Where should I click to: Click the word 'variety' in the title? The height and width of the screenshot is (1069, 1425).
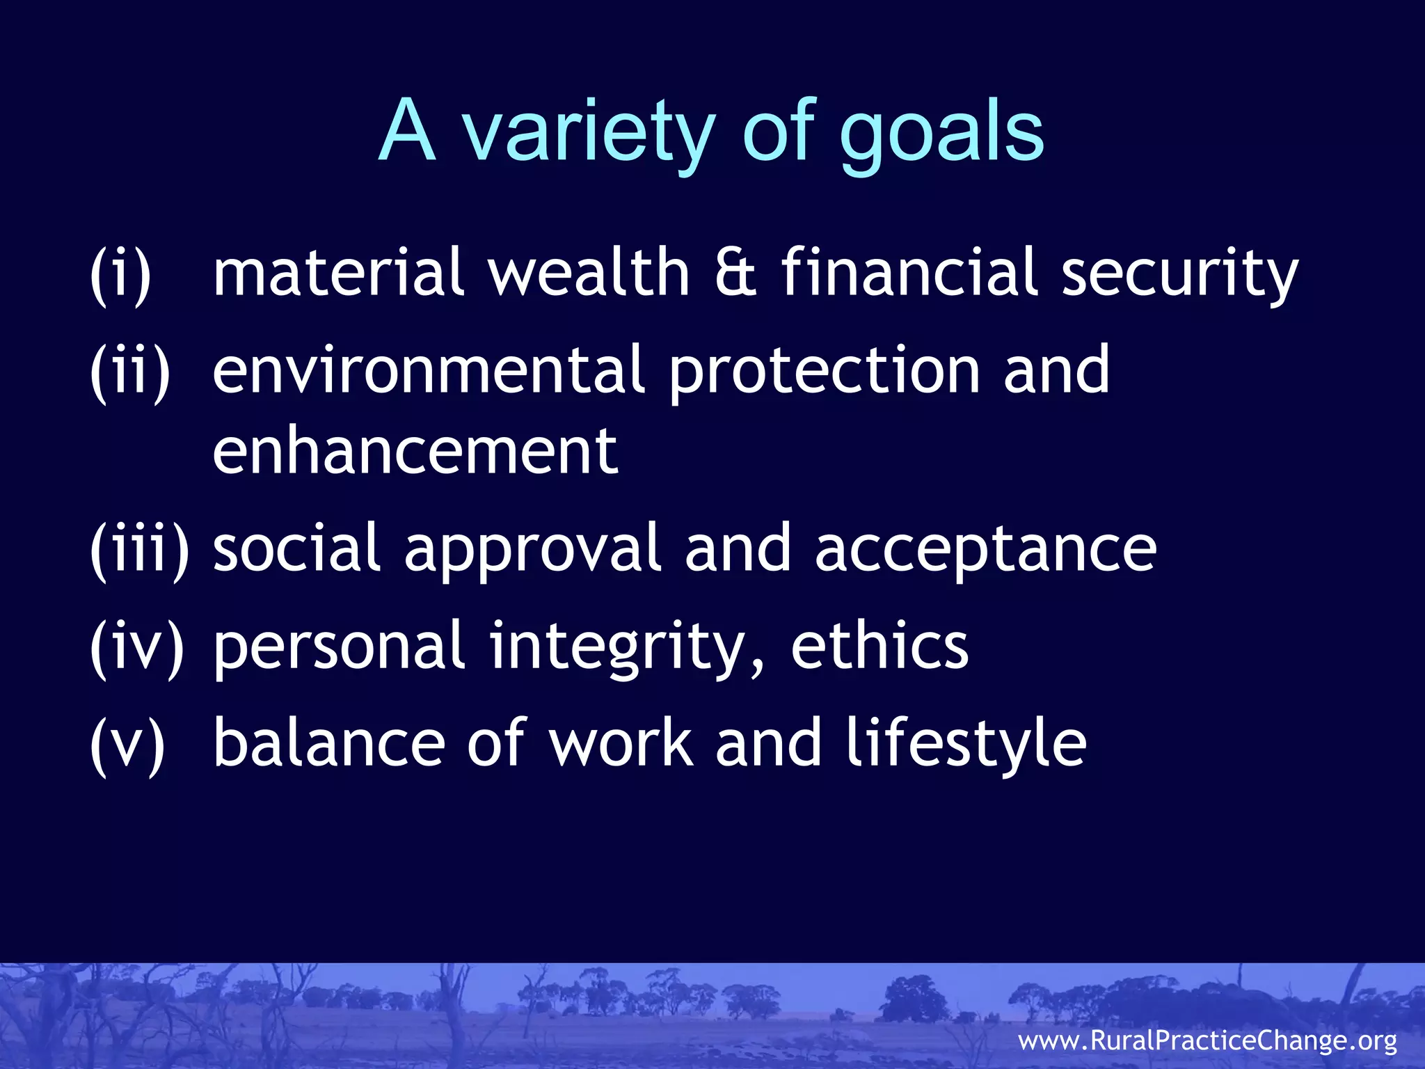click(x=589, y=132)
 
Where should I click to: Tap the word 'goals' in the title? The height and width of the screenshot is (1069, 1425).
click(x=942, y=132)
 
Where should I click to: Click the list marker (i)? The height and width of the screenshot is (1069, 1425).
click(x=120, y=274)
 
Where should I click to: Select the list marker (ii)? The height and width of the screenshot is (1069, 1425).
click(x=130, y=371)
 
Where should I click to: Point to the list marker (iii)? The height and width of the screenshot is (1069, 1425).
click(x=139, y=549)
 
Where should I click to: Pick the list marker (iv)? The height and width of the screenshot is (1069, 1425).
click(x=137, y=647)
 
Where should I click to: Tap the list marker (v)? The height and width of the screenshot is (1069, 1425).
click(x=127, y=744)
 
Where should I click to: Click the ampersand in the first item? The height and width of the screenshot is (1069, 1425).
click(x=735, y=274)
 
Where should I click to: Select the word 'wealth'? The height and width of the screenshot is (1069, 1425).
click(x=588, y=274)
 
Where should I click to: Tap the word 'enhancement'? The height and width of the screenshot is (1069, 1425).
click(x=415, y=452)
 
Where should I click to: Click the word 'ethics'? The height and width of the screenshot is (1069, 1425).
click(x=879, y=647)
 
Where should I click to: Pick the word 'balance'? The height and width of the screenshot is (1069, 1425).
click(x=328, y=744)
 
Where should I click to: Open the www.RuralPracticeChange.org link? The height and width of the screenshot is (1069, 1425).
click(x=1207, y=1041)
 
